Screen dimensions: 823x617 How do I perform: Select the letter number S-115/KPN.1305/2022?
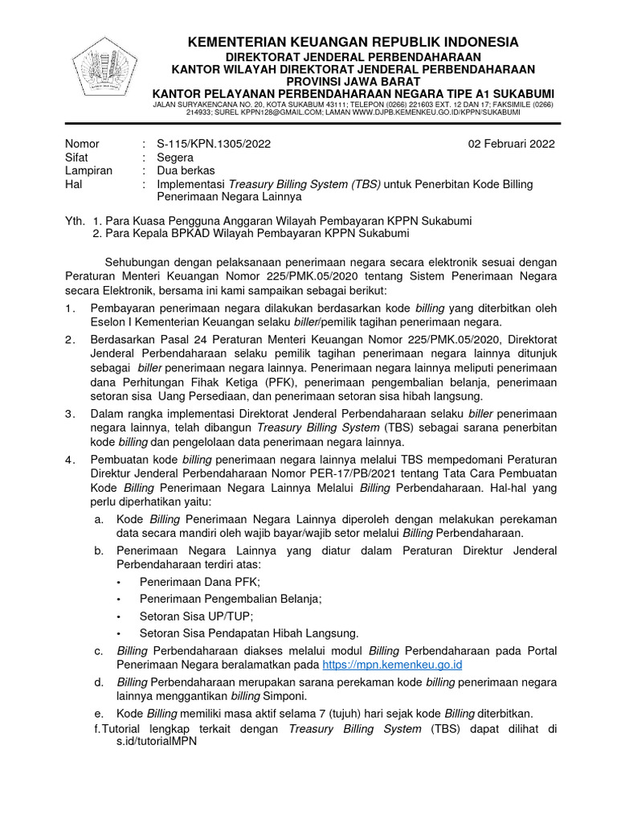coord(214,145)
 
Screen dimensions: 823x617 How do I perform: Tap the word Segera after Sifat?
coord(175,158)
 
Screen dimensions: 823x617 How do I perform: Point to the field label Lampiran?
coord(88,170)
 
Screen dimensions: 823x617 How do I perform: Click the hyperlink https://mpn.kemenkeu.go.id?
coord(392,665)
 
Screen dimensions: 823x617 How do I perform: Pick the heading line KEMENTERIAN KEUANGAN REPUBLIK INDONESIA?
coord(353,42)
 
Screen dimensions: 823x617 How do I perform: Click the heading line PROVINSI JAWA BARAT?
coord(353,82)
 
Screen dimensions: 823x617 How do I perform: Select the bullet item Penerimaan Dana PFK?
coord(199,582)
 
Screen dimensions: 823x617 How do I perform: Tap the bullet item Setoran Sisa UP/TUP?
coord(196,616)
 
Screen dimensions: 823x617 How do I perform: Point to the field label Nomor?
coord(82,145)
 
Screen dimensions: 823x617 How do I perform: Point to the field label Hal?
coord(74,184)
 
